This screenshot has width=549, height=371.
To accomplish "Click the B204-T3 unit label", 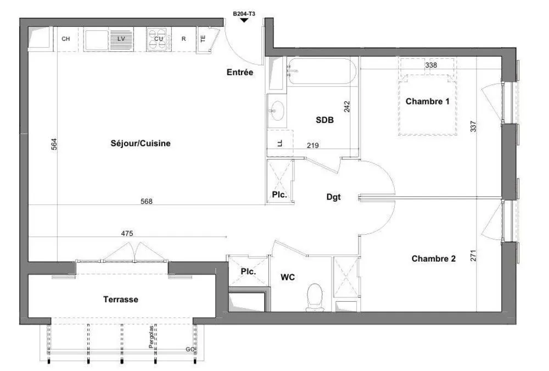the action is pos(244,14).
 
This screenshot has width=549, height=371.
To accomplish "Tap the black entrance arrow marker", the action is pos(244,20).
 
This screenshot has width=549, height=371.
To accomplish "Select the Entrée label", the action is pos(240,72).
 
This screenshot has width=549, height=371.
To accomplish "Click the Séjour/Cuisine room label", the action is pos(141,143).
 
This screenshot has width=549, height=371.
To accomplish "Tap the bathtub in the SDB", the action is pos(321,71).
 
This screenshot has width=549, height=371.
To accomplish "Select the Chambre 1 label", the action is pos(427,101).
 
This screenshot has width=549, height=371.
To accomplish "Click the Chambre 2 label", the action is pos(434,258).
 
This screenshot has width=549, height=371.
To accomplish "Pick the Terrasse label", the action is pos(121,299).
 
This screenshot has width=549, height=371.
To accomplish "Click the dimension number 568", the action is pos(147,201).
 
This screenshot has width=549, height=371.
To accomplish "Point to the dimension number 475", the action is pos(127,233).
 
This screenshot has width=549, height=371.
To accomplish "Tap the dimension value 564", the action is pos(54,144).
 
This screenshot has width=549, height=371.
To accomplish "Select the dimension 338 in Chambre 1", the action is pos(431,65).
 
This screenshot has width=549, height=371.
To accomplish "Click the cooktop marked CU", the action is pos(159,39).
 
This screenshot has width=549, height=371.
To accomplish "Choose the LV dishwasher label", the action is pos(121,38).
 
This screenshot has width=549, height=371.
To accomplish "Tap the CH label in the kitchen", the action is pos(66,38).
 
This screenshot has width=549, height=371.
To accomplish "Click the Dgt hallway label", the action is pos(333,197).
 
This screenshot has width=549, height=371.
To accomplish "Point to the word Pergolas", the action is pos(152,337).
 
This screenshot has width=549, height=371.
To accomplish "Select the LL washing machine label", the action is pos(280,143).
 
